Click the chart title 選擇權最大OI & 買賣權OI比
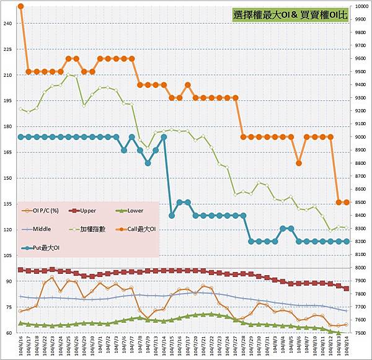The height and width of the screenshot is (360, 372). [290, 16]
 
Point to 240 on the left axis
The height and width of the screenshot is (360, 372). [7, 24]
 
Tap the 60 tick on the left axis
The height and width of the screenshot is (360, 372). [9, 333]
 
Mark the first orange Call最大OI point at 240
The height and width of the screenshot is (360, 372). [20, 6]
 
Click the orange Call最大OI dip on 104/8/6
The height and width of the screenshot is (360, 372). [299, 163]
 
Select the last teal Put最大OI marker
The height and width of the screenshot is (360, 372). [346, 241]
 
